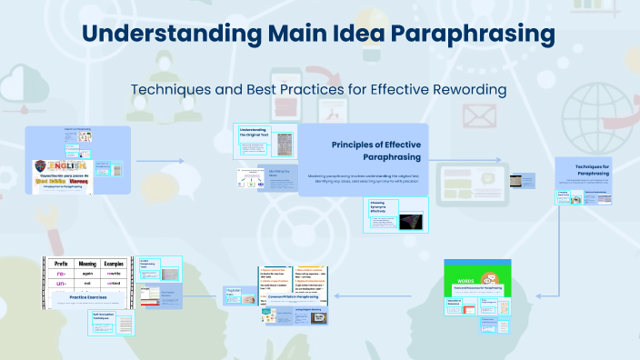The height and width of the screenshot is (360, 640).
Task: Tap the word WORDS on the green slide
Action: click(464, 269)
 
